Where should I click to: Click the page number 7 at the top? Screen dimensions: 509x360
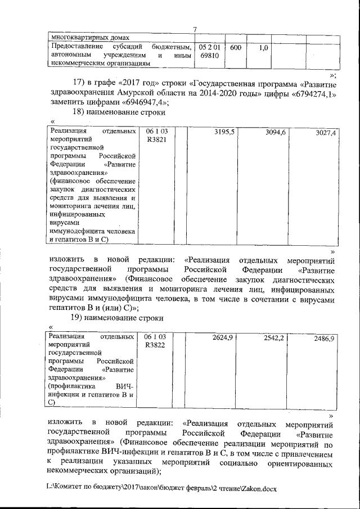(x=194, y=30)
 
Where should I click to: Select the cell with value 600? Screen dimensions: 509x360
(x=235, y=48)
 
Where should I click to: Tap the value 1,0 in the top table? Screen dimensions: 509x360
(x=263, y=49)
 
